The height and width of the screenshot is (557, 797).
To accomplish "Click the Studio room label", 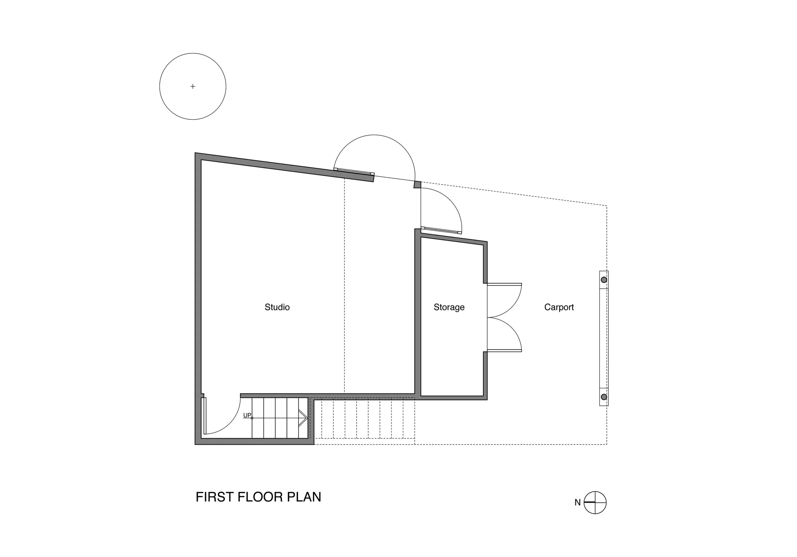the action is pos(277,307).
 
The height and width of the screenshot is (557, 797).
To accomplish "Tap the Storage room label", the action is pos(449,307).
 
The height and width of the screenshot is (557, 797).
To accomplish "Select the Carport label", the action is pos(559,307).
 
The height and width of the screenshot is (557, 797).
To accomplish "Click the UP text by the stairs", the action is pos(247,415).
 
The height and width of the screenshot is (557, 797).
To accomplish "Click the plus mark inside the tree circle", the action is pos(193,86).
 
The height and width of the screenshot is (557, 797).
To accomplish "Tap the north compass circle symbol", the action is pos(595,503).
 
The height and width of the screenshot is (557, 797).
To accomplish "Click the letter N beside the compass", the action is pos(578,503).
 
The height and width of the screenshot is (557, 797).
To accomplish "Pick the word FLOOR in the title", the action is pos(260,497).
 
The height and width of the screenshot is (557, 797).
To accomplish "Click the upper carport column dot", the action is pos(604,280).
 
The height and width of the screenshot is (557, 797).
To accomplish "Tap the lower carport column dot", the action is pos(604,397).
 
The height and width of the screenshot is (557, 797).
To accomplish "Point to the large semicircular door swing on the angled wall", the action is pos(374,135).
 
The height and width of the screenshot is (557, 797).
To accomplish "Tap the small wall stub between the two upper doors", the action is pos(417,185).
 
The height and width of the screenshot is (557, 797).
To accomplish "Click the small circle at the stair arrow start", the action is pos(252,418).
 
